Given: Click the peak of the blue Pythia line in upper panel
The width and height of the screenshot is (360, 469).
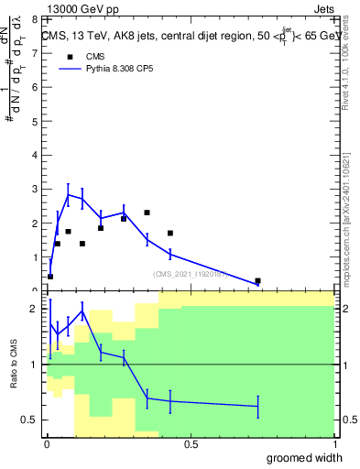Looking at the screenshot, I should (x=68, y=194).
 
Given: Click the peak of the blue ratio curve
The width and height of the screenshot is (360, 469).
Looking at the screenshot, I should (x=82, y=311).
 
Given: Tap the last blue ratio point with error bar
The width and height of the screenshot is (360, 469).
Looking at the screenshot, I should (x=257, y=406).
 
